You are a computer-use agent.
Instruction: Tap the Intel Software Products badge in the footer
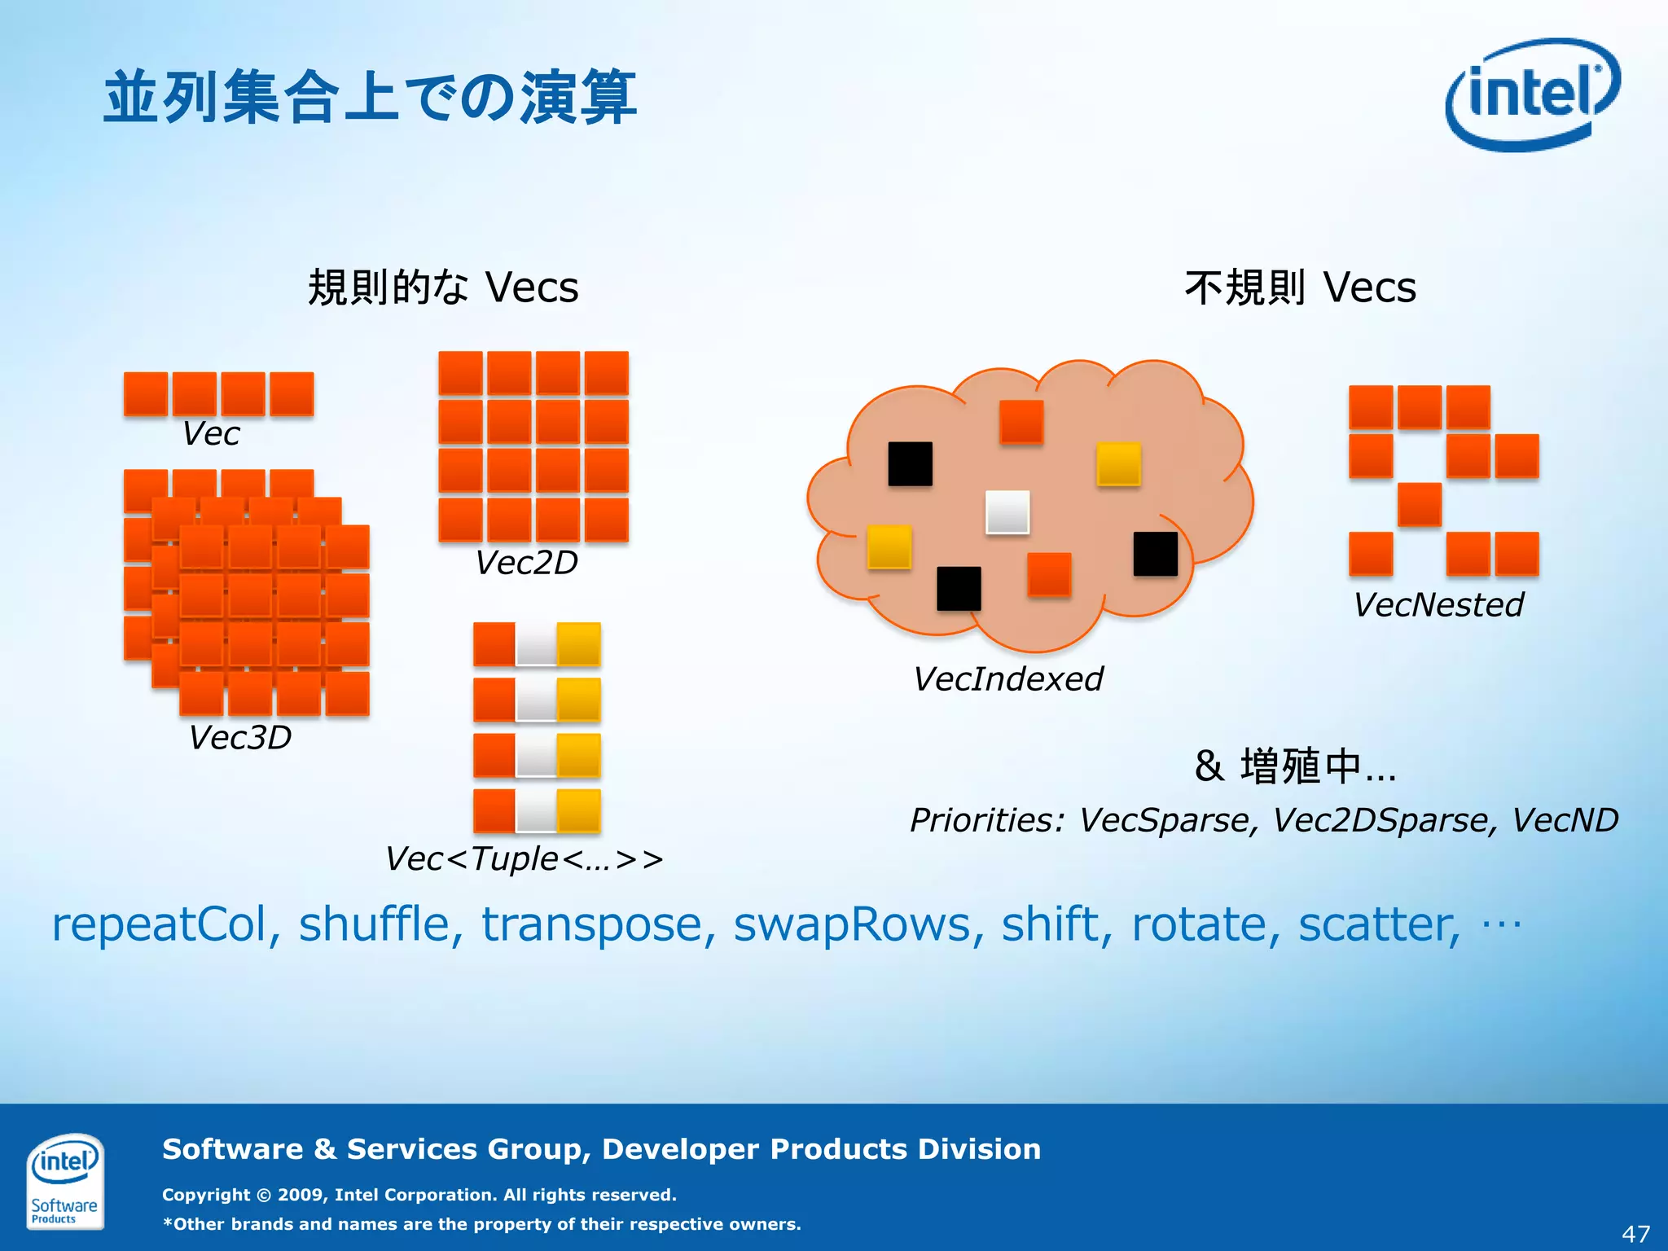64,1180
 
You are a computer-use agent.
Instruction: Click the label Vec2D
527,563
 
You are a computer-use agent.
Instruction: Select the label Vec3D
240,738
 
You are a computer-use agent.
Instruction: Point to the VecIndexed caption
1008,679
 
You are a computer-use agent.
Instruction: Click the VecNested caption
1438,605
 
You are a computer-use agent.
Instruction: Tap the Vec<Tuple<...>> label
525,859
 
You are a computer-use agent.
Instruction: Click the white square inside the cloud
1007,512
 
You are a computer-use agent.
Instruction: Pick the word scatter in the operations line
1379,925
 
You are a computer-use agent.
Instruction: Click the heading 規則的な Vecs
443,288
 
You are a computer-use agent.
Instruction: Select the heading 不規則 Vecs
1301,288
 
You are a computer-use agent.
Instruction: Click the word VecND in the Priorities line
1565,820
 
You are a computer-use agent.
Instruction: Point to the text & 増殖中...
1295,766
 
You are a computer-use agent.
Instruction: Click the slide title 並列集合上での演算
371,98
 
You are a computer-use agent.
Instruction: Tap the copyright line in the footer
419,1195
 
